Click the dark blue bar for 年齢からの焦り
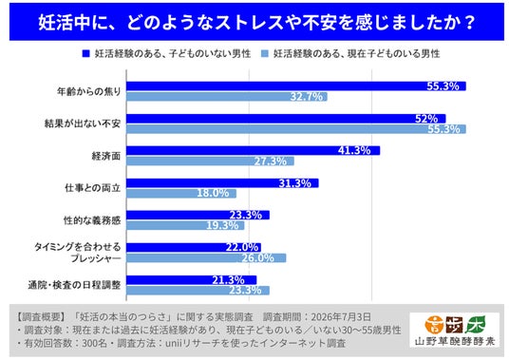click(296, 86)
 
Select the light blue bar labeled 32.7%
click(227, 97)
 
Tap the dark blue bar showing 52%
click(286, 119)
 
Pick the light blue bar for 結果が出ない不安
click(296, 129)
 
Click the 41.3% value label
click(354, 150)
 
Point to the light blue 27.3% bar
click(211, 161)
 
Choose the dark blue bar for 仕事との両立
click(222, 183)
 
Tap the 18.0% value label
click(213, 193)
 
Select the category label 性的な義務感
click(92, 220)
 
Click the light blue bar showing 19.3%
click(185, 225)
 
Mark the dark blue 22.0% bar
click(194, 247)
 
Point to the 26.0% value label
click(257, 258)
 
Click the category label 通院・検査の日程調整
click(74, 285)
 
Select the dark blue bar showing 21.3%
click(192, 280)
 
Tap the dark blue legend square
click(85, 53)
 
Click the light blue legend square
click(265, 53)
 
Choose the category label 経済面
click(106, 156)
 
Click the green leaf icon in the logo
click(477, 325)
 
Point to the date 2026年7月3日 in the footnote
click(341, 316)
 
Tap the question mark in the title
click(469, 22)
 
